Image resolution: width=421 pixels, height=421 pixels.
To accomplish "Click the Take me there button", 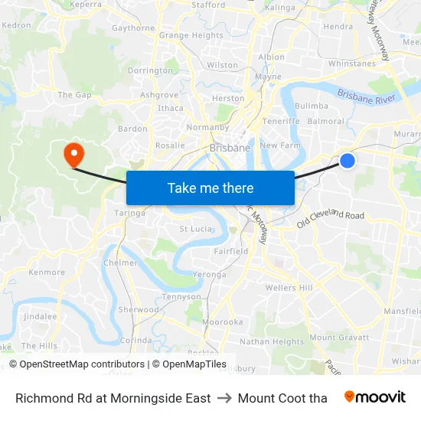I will [x=210, y=188].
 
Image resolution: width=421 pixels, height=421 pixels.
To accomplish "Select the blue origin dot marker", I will [x=348, y=161].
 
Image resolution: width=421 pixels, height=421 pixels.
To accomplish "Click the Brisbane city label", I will [x=230, y=148].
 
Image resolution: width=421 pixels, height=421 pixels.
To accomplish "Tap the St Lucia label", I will [x=194, y=229].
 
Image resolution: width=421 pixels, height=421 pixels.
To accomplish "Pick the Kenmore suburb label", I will [x=47, y=272].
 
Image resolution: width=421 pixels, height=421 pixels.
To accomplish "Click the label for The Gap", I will [x=74, y=95].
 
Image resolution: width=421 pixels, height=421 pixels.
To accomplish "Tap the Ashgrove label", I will [x=159, y=95].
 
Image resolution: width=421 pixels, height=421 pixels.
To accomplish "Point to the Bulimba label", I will [x=312, y=106].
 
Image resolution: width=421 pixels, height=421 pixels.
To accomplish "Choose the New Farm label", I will [x=280, y=145].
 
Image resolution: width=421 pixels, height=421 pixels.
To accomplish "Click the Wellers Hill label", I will [x=289, y=288].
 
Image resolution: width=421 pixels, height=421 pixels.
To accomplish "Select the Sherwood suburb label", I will [x=139, y=310].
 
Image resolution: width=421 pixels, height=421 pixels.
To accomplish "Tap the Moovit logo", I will [x=374, y=397].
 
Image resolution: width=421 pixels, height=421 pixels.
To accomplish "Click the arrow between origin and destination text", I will [x=224, y=398].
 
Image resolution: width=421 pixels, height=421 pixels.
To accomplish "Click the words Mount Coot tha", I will [x=282, y=398].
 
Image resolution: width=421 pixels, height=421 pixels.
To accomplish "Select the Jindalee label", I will [x=40, y=316].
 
